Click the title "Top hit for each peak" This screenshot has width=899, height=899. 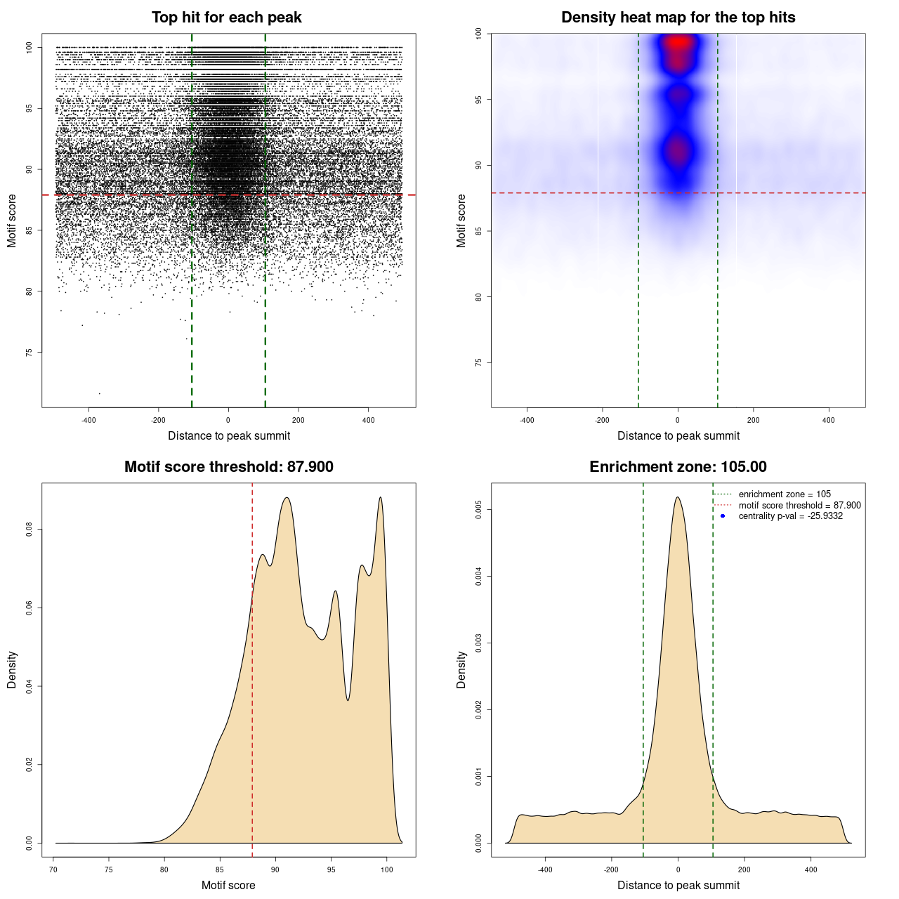(x=226, y=18)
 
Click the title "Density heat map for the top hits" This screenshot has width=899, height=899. (x=678, y=18)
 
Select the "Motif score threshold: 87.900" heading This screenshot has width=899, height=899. (x=228, y=467)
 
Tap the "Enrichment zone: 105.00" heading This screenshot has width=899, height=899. (x=678, y=467)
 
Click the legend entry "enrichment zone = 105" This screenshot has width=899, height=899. (x=785, y=494)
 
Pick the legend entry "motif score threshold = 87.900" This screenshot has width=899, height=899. (x=799, y=506)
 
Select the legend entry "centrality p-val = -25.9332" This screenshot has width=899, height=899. (x=790, y=516)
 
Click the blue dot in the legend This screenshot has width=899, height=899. (x=723, y=516)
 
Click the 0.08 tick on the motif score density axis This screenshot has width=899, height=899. (x=29, y=529)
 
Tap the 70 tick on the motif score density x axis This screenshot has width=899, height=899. (x=53, y=870)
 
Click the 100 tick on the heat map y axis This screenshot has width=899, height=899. (x=479, y=34)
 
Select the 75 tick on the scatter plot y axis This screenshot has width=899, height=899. (x=29, y=352)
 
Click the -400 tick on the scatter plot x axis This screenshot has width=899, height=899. (x=88, y=420)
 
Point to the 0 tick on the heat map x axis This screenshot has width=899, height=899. (x=678, y=420)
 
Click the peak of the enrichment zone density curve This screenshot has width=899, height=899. (x=678, y=497)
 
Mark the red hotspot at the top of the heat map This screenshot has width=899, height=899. (x=678, y=42)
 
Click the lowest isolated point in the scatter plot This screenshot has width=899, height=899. (x=99, y=393)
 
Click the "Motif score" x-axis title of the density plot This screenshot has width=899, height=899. (x=228, y=885)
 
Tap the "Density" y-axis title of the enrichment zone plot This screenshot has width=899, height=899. (x=461, y=669)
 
